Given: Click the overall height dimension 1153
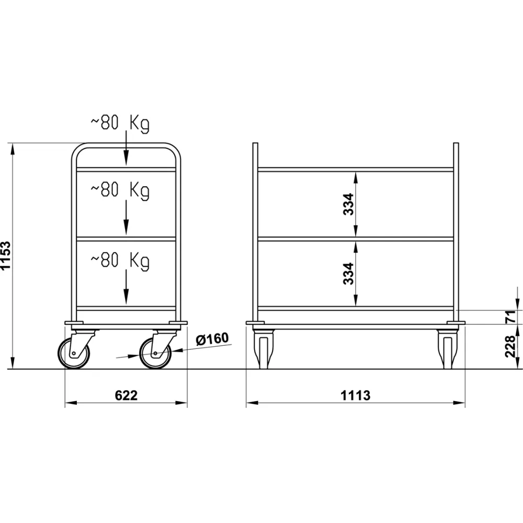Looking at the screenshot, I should (x=6, y=256).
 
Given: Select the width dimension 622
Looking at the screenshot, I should (x=126, y=395).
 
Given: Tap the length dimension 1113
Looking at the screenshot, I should (x=356, y=395).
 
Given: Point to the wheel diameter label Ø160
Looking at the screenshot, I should (x=212, y=339).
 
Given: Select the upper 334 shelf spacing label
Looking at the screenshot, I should (x=349, y=204).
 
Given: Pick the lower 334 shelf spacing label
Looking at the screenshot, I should (x=349, y=273).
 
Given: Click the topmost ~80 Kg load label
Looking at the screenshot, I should (x=120, y=123).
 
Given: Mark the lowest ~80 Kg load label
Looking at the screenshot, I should (x=120, y=260).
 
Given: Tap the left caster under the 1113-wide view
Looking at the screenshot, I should (x=263, y=349).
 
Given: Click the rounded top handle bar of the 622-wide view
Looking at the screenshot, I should (x=126, y=145).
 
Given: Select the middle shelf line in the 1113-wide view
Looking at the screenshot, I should (x=356, y=239).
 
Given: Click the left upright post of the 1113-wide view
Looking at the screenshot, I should (x=255, y=230).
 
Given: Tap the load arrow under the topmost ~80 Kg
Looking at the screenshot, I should (x=126, y=152).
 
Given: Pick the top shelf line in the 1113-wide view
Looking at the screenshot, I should (x=356, y=169).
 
